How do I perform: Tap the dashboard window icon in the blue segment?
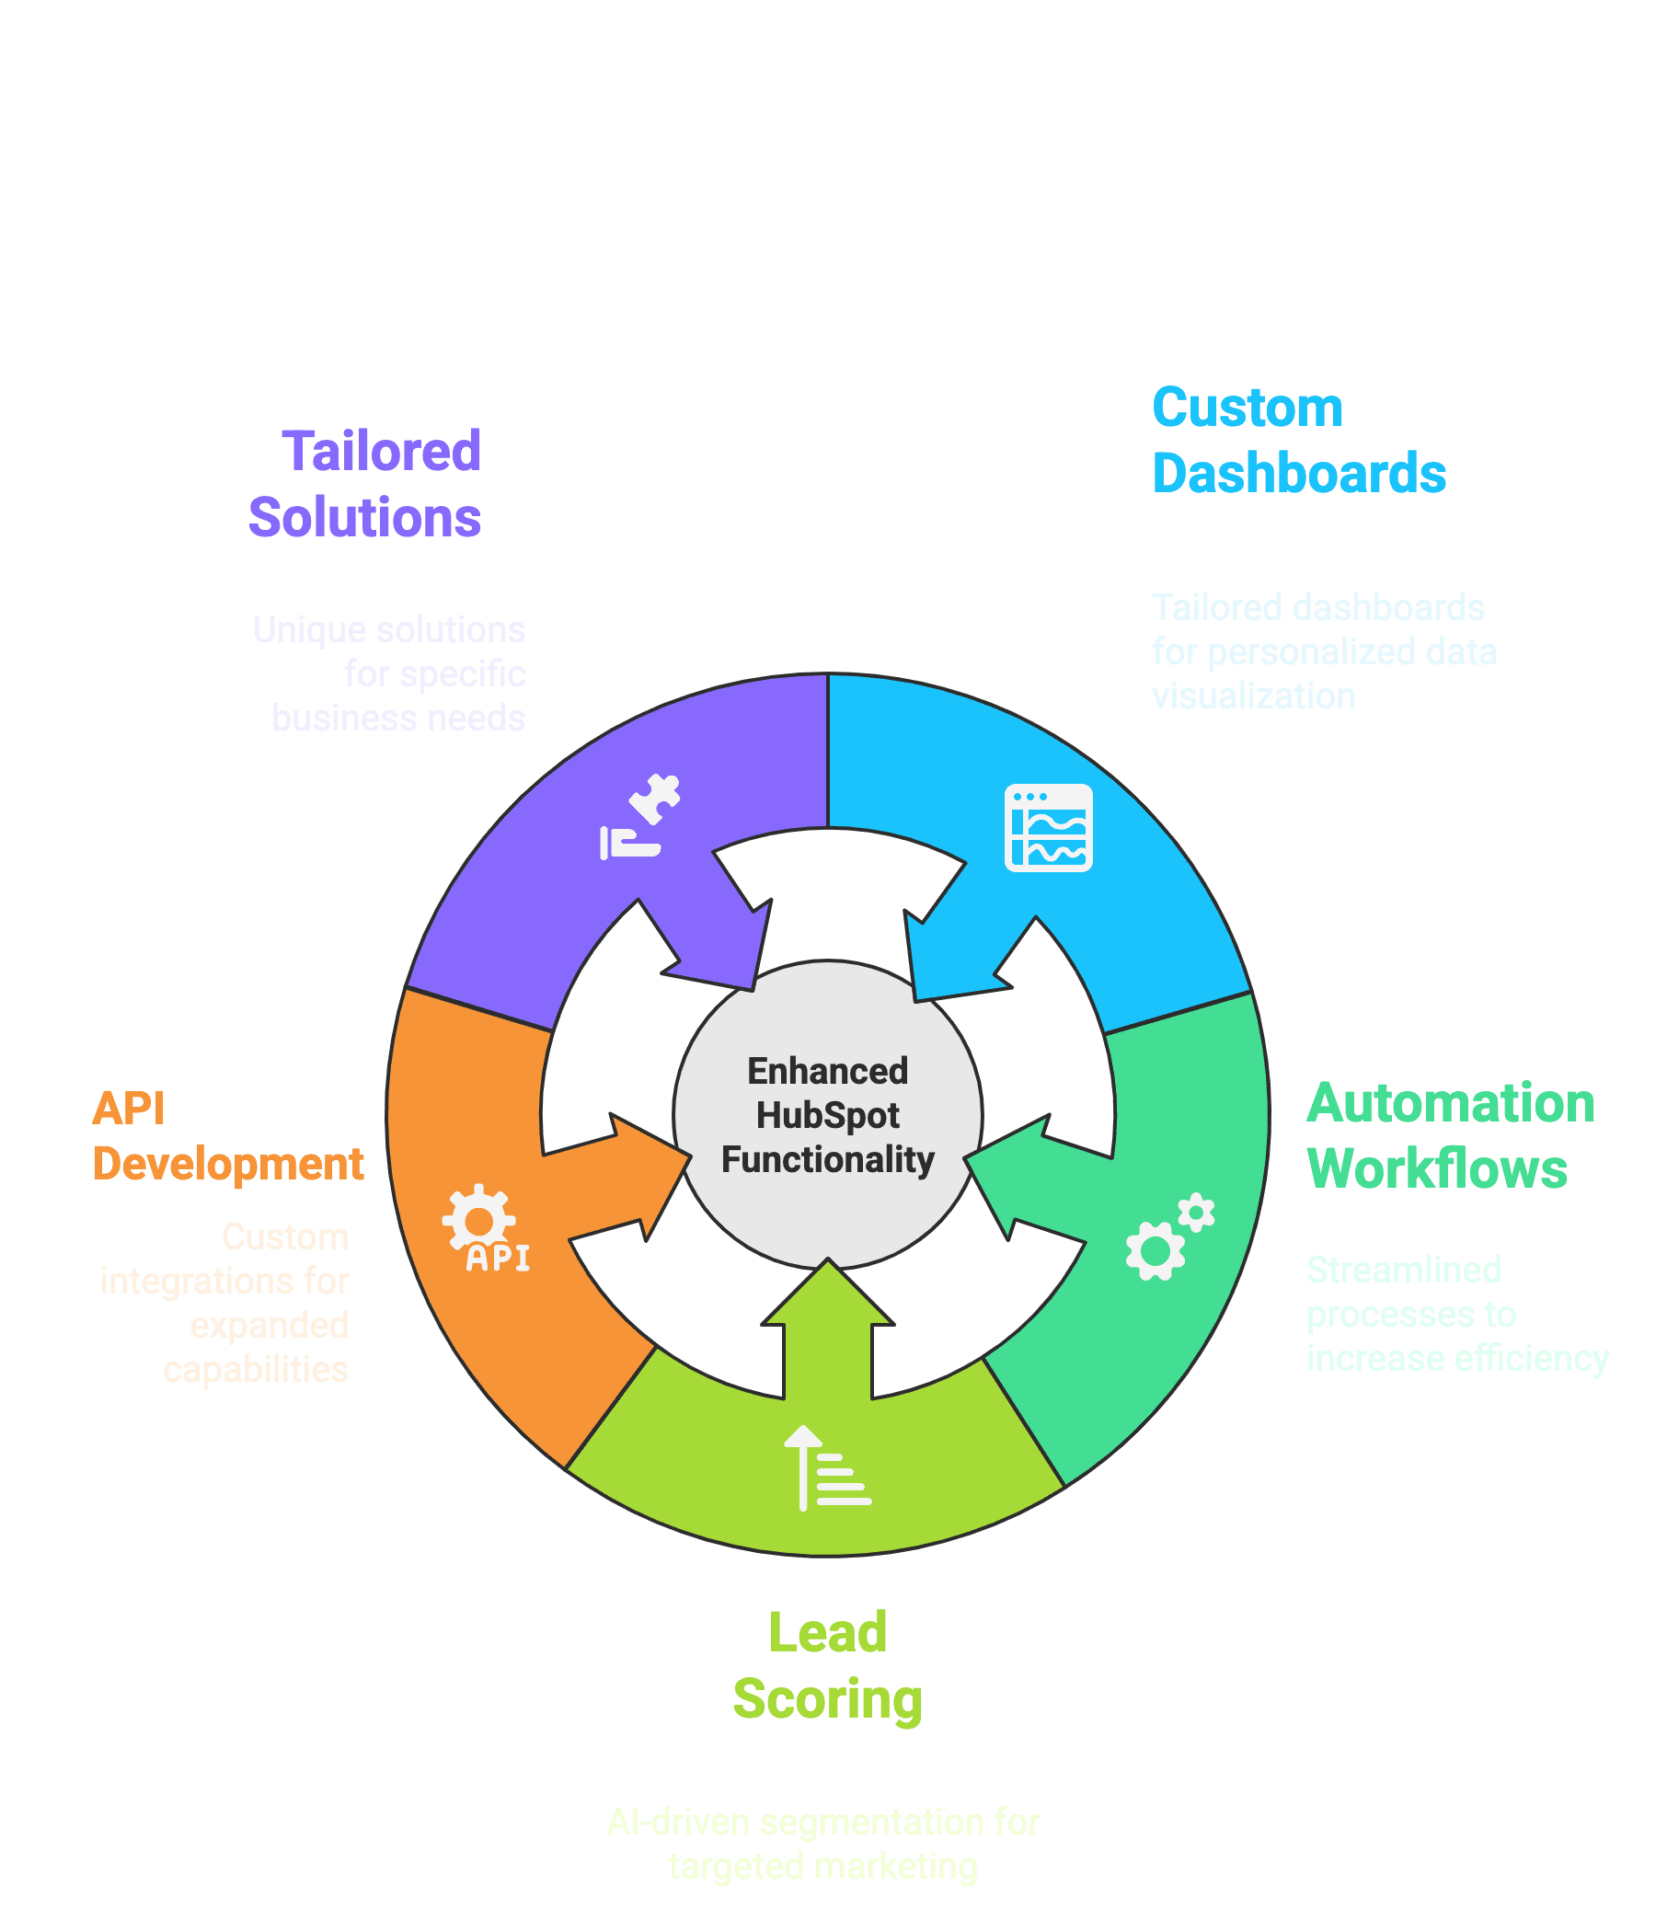(x=1048, y=827)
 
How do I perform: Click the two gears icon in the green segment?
(x=1169, y=1236)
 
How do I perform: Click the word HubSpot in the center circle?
(x=827, y=1115)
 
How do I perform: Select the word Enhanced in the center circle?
(x=827, y=1072)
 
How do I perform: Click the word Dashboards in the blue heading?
(x=1299, y=473)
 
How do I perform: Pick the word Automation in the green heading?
(x=1451, y=1103)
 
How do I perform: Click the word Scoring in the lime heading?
(x=827, y=1699)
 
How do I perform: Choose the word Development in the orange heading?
(x=227, y=1164)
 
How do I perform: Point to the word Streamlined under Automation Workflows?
(x=1403, y=1270)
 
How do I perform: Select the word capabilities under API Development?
(x=256, y=1370)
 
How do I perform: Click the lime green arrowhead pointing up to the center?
(x=827, y=1296)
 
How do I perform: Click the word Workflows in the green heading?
(x=1437, y=1168)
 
